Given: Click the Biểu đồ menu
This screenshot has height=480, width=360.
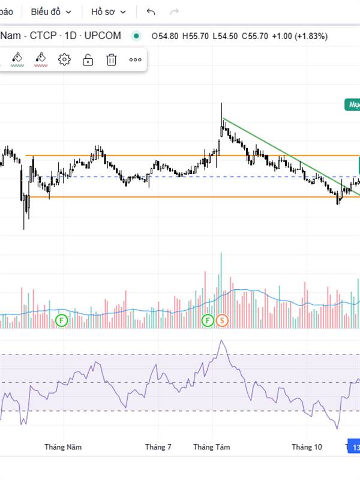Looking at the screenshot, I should pos(51,11).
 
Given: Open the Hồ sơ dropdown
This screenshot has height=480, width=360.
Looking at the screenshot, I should pos(108,11).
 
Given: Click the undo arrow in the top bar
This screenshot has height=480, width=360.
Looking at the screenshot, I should pos(151,11).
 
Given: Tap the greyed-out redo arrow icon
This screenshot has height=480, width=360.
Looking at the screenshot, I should pos(175,11).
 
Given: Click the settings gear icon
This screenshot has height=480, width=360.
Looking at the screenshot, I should pos(65,59).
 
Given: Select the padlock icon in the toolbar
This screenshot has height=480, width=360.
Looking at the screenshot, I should pos(88,59).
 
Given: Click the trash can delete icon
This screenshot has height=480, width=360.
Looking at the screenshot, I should pos(111,59).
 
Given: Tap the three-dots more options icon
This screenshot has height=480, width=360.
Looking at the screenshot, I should pos(135,59).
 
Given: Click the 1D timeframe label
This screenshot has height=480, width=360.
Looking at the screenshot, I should pos(71,36).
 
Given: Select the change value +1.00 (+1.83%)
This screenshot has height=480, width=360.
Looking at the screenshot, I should pos(299,36).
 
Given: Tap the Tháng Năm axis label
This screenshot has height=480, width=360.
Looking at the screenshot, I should pos(63,447).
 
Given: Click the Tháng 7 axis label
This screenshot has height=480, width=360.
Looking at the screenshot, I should pos(158,447).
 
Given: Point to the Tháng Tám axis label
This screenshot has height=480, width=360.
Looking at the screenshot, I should pos(211,447).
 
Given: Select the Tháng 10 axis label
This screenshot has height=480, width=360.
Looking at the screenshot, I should pos(307,447).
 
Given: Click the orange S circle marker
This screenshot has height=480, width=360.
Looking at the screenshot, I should pos(222,320).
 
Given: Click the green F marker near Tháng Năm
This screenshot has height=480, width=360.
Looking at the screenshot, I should pos(62,320).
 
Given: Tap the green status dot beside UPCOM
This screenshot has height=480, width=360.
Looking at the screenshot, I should pos(136,36).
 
